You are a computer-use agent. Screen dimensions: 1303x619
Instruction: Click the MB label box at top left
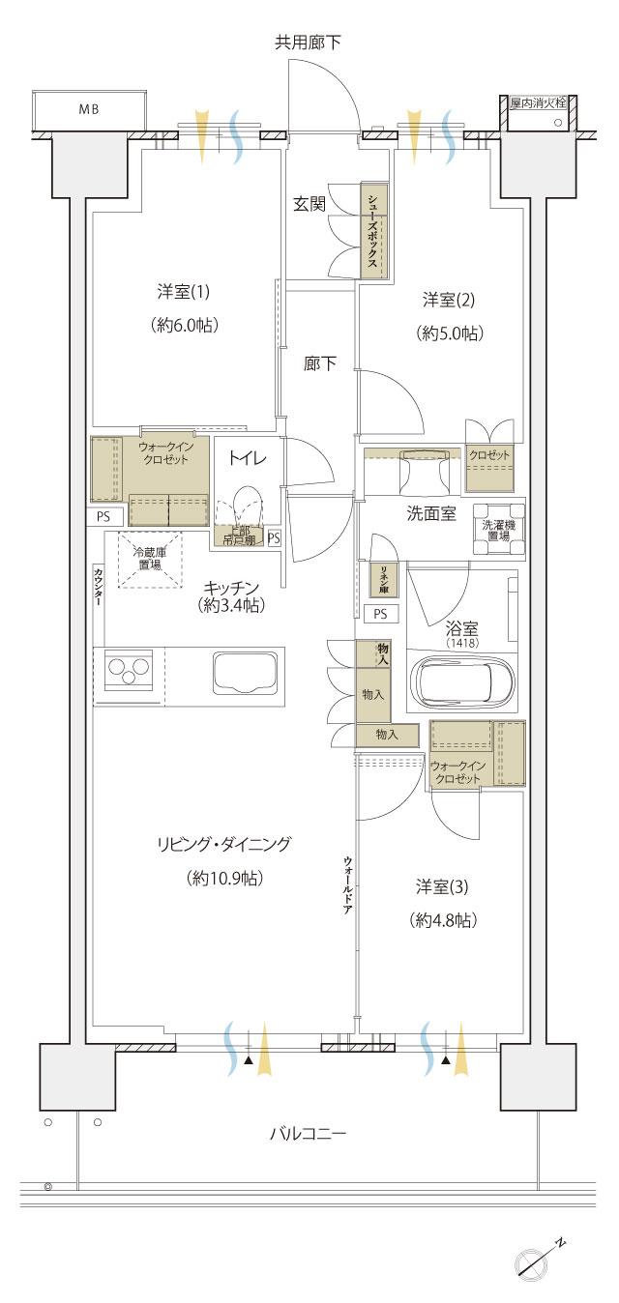click(89, 110)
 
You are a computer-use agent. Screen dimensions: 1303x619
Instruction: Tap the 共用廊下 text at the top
click(308, 42)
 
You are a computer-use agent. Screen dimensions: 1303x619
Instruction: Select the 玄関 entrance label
click(309, 204)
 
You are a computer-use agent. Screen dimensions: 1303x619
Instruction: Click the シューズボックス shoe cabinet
click(372, 232)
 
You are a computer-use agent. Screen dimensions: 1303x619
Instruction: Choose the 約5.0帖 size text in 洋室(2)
click(451, 333)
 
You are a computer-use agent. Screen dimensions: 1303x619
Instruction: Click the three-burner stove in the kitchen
click(130, 670)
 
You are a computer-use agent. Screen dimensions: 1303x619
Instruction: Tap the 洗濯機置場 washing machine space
click(499, 530)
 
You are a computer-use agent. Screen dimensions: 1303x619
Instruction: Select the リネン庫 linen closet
click(383, 578)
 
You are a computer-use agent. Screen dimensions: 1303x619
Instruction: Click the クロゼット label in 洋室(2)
click(489, 455)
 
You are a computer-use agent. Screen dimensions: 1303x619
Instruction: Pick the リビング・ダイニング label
click(223, 844)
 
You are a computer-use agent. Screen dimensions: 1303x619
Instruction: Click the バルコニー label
click(307, 1132)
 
